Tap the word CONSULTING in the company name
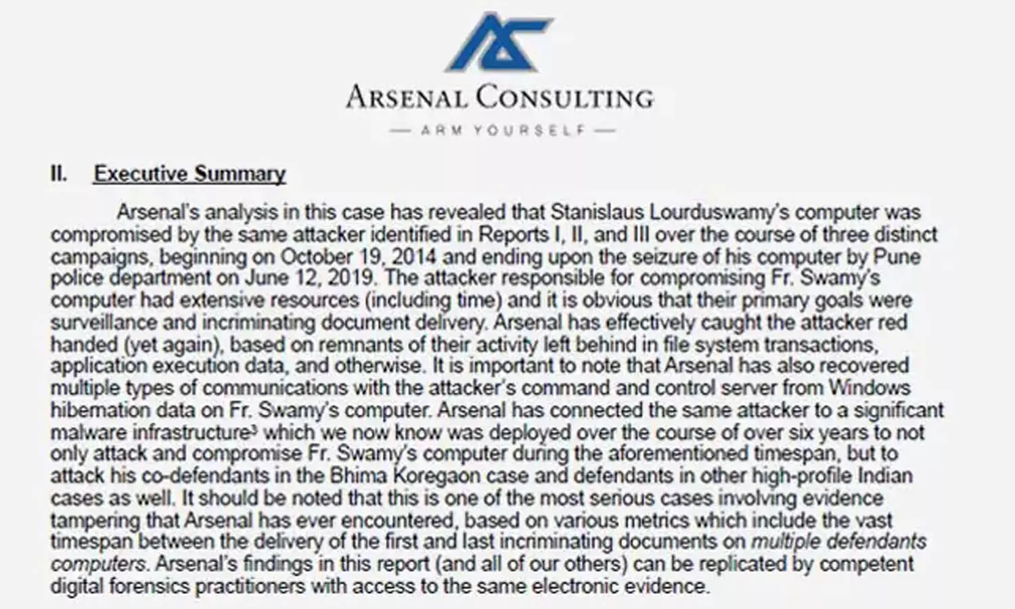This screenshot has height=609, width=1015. (x=564, y=97)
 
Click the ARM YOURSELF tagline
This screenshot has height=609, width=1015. (x=503, y=130)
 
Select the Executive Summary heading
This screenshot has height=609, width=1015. (x=189, y=174)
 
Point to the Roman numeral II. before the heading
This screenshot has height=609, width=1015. (x=59, y=174)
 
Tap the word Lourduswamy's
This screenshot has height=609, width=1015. (x=719, y=212)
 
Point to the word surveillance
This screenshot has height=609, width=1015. (x=99, y=322)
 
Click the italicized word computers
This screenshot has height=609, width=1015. (x=98, y=564)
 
